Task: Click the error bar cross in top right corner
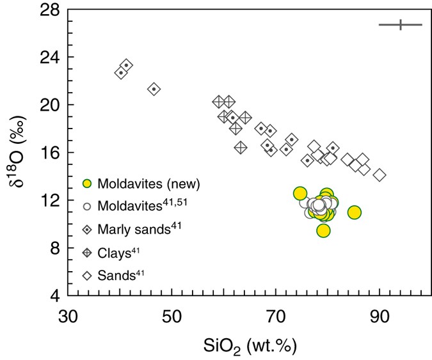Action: pyautogui.click(x=401, y=25)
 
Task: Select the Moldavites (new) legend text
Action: pyautogui.click(x=149, y=184)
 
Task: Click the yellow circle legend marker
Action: pyautogui.click(x=89, y=184)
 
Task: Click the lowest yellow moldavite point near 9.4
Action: pyautogui.click(x=324, y=230)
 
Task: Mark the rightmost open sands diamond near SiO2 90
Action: pyautogui.click(x=380, y=175)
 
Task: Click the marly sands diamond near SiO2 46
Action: pyautogui.click(x=154, y=89)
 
